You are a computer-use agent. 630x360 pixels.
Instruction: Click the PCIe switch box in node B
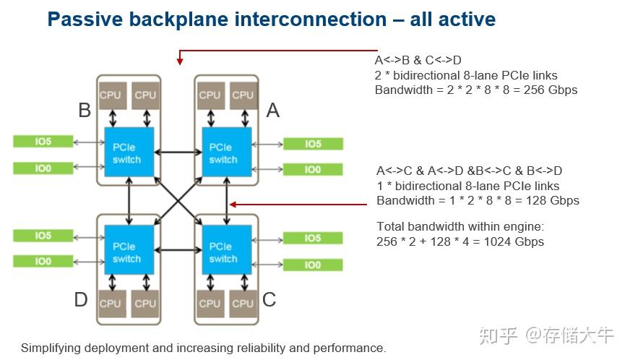[x=129, y=152]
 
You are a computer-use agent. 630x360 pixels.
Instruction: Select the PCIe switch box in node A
[x=227, y=152]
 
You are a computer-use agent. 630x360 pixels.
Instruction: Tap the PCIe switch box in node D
[x=129, y=249]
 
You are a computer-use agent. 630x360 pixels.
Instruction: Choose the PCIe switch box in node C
[x=227, y=249]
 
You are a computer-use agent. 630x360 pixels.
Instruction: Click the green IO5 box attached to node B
[x=43, y=142]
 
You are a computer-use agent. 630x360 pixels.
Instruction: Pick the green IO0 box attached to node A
[x=313, y=169]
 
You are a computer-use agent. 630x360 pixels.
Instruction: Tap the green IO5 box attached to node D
[x=43, y=236]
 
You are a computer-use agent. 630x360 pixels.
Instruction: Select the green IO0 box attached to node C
[x=313, y=265]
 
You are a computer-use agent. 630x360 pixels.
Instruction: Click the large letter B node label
[x=85, y=110]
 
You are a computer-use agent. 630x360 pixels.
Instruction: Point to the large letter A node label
[x=273, y=110]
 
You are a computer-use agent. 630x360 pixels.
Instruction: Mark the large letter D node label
[x=81, y=300]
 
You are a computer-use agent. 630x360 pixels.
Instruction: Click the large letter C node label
[x=269, y=300]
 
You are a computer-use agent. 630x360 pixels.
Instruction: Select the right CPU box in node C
[x=243, y=304]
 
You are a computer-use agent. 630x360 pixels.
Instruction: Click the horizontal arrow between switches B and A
[x=178, y=152]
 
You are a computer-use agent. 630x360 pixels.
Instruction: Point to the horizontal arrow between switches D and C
[x=178, y=250]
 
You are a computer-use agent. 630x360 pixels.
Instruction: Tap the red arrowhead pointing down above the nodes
[x=180, y=61]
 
